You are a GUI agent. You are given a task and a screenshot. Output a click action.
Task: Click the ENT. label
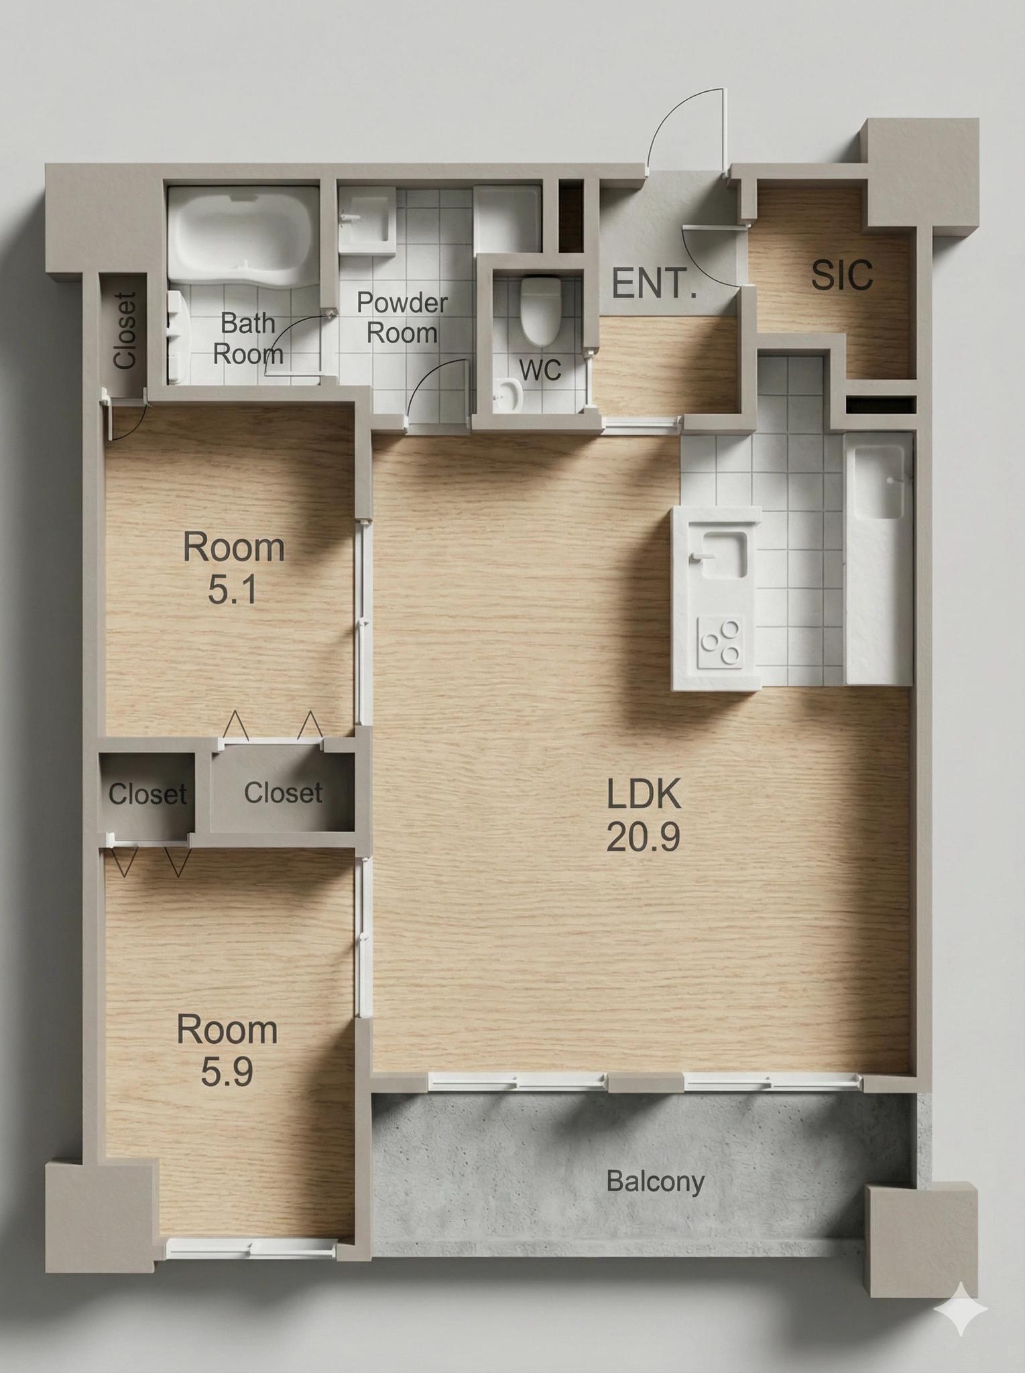click(x=654, y=284)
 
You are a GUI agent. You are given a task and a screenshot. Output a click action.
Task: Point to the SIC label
click(x=842, y=274)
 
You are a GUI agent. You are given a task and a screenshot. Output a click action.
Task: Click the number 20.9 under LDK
click(x=643, y=837)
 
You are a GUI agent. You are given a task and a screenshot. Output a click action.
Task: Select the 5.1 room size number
click(x=232, y=591)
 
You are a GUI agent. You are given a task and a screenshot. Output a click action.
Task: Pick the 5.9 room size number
click(x=227, y=1072)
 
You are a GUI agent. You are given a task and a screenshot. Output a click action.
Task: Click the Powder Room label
click(x=402, y=317)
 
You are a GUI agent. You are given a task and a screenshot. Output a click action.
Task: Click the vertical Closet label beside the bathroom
click(x=125, y=330)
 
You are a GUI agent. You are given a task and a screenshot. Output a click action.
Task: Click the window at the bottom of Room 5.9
click(x=251, y=1246)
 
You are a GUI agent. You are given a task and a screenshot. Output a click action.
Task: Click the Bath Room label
click(x=248, y=338)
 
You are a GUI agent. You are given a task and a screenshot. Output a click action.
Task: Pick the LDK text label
click(x=644, y=794)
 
